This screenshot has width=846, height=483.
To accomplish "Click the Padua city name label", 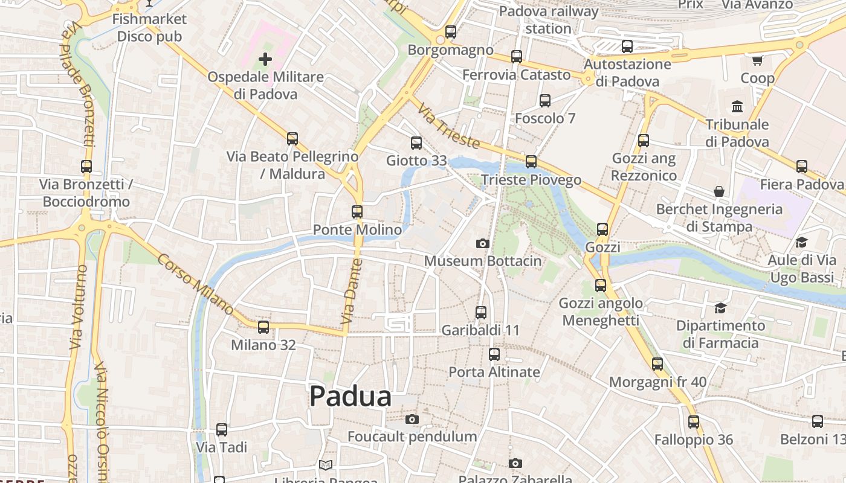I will tap(350, 397).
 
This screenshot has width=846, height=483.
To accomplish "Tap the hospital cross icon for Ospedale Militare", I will tap(265, 59).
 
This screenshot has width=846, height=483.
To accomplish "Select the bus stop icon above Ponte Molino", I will tap(357, 212).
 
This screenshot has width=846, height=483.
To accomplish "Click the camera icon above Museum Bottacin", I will tap(482, 243).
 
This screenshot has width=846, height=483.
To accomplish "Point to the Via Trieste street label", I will tap(449, 125).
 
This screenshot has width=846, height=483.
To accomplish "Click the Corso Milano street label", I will tap(195, 284).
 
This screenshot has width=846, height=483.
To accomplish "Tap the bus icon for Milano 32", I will tap(263, 327).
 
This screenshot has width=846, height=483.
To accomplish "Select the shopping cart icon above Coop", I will tap(757, 60).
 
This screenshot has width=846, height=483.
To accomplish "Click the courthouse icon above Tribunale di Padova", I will tap(737, 107).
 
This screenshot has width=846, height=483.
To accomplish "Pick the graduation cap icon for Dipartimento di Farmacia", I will tap(720, 308).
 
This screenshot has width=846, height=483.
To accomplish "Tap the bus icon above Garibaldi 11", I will tap(480, 313).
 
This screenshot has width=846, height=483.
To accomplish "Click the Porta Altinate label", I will tap(494, 372).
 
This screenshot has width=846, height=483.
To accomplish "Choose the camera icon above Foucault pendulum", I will tap(412, 419).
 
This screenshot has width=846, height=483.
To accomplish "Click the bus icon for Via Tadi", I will tap(222, 430).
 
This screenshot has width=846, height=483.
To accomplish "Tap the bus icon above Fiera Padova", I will tap(801, 167).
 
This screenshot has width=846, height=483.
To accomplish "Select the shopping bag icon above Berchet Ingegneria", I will tap(719, 191).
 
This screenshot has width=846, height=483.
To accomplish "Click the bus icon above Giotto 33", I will tap(416, 143).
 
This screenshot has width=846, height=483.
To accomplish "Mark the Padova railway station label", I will tap(549, 19).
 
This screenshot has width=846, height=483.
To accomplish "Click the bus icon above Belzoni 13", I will tap(817, 421).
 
